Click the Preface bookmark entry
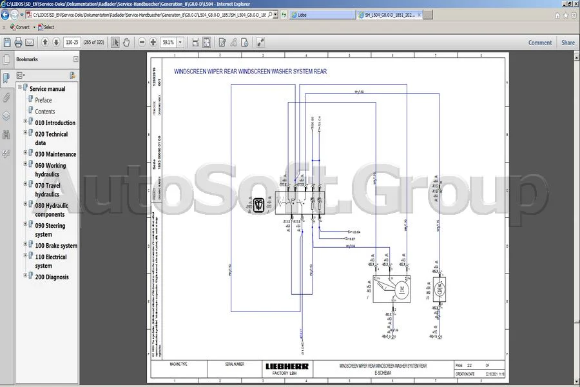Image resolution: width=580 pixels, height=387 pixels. pyautogui.click(x=43, y=100)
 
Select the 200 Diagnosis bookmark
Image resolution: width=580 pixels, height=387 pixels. pyautogui.click(x=52, y=277)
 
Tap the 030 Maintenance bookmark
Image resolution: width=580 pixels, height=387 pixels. pyautogui.click(x=55, y=154)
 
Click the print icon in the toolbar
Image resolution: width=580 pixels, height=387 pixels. pyautogui.click(x=19, y=43)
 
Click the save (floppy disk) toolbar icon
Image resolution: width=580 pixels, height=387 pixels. pyautogui.click(x=7, y=43)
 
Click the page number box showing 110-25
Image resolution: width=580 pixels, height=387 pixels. pyautogui.click(x=72, y=43)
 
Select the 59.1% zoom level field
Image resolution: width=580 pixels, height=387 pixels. pyautogui.click(x=168, y=43)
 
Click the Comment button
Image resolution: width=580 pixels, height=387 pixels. pyautogui.click(x=540, y=43)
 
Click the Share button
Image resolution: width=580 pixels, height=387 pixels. pyautogui.click(x=568, y=43)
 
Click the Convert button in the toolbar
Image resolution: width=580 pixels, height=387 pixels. pyautogui.click(x=19, y=27)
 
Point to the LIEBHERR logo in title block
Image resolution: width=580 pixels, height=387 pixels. pyautogui.click(x=287, y=366)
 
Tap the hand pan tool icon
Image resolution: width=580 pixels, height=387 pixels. pyautogui.click(x=126, y=43)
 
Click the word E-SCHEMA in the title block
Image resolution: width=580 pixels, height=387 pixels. pyautogui.click(x=383, y=373)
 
